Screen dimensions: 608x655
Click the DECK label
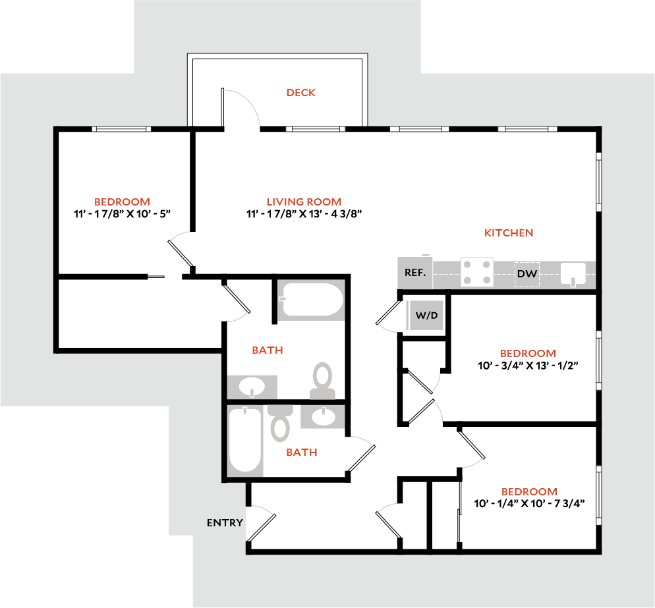click(300, 93)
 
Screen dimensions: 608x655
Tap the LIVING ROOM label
click(304, 202)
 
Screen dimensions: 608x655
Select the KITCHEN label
click(509, 233)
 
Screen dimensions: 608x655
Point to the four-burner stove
click(477, 272)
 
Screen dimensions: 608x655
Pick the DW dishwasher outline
click(527, 273)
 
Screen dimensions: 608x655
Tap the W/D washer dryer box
click(426, 315)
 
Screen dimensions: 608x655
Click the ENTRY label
click(225, 523)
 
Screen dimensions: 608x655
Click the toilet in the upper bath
click(322, 381)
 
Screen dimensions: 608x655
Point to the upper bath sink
click(251, 386)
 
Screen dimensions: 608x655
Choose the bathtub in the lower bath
click(245, 439)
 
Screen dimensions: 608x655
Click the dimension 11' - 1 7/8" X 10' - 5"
click(122, 213)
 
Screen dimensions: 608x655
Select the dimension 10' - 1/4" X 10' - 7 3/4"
click(530, 503)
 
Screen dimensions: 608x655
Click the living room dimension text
click(304, 213)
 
